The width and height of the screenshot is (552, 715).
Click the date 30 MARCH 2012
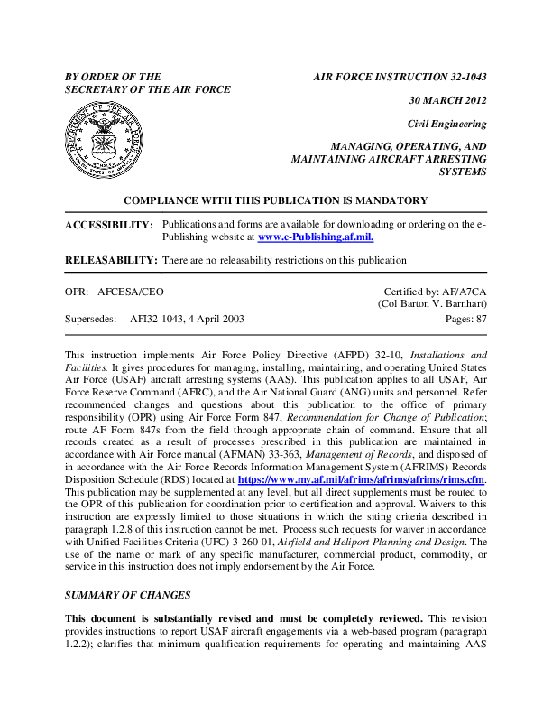point(448,100)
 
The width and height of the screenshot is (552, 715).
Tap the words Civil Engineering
point(447,124)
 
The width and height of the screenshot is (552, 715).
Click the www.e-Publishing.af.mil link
point(316,237)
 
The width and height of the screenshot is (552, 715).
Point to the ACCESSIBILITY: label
point(109,224)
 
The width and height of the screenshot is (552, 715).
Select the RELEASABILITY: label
point(111,260)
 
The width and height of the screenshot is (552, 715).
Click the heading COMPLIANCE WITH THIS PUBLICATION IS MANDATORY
point(275,200)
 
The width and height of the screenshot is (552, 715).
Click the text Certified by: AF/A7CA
point(436,292)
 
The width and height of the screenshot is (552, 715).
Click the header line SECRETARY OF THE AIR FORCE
point(148,89)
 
